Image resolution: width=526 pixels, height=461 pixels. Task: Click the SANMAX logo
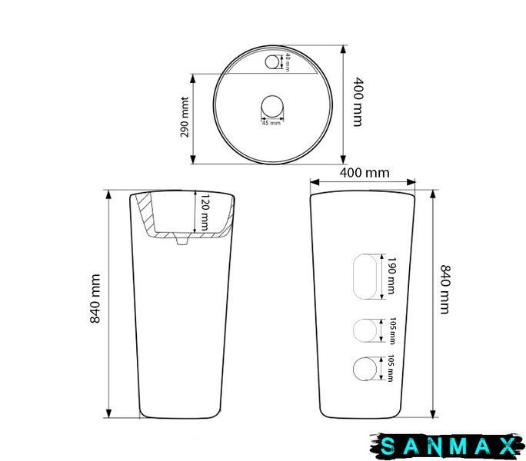point(448,446)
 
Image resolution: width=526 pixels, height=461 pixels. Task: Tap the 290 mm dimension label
point(185,118)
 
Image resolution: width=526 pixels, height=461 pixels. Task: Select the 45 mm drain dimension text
point(271,123)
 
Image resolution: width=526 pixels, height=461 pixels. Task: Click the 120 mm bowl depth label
point(205,212)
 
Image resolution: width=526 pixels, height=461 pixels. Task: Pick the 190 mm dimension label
point(391,276)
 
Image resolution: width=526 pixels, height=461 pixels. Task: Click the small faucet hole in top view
point(271,61)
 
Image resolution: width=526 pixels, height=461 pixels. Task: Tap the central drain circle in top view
point(272,107)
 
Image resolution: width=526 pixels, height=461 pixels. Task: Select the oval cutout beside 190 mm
point(365,277)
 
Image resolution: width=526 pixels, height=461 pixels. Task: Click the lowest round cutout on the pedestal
point(365,369)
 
